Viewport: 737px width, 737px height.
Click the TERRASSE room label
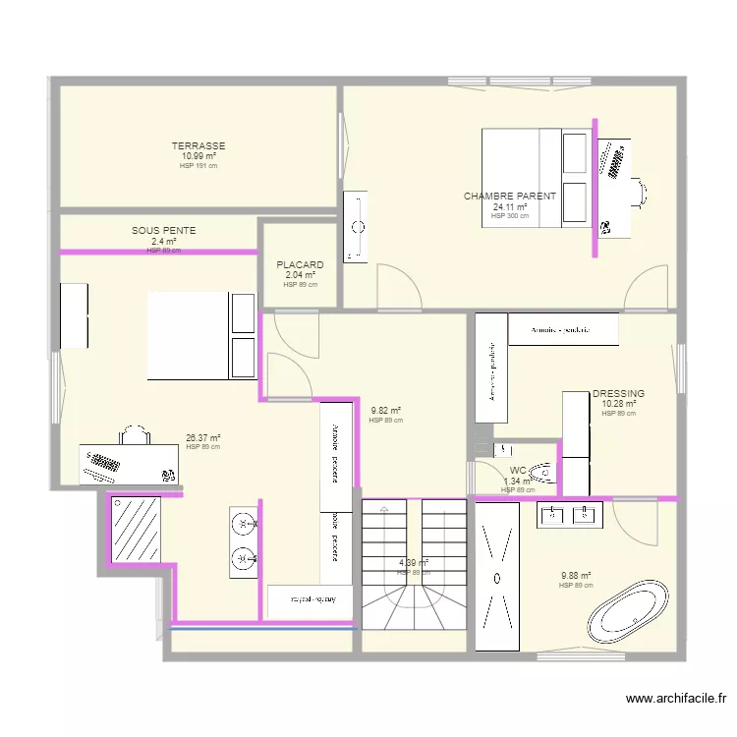pyautogui.click(x=198, y=146)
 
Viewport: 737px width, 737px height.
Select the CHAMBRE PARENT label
pyautogui.click(x=510, y=197)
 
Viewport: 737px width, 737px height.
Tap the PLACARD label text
pyautogui.click(x=300, y=265)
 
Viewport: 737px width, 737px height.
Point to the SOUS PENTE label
pyautogui.click(x=164, y=231)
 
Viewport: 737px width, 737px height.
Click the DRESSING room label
pyautogui.click(x=619, y=393)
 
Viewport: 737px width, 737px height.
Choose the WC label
pyautogui.click(x=518, y=471)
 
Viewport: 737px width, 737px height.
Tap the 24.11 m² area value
pyautogui.click(x=510, y=207)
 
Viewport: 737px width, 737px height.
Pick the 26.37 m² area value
pyautogui.click(x=202, y=439)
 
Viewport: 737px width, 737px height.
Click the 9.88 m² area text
pyautogui.click(x=576, y=577)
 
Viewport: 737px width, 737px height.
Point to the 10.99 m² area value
pyautogui.click(x=198, y=156)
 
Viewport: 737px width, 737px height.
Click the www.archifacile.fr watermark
pyautogui.click(x=676, y=699)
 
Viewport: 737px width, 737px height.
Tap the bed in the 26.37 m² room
pyautogui.click(x=201, y=335)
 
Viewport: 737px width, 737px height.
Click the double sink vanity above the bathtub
pyautogui.click(x=570, y=514)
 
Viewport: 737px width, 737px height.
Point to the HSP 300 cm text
pyautogui.click(x=510, y=216)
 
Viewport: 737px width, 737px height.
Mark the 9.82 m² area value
pyautogui.click(x=386, y=412)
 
